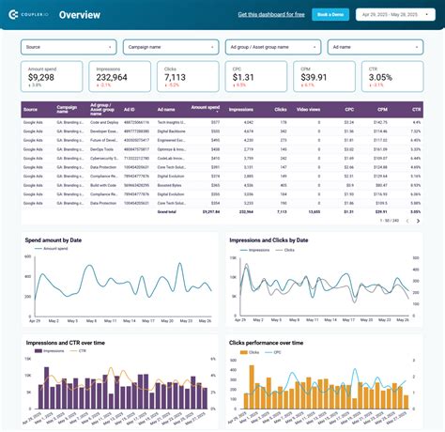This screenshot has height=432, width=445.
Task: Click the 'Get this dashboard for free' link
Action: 272,15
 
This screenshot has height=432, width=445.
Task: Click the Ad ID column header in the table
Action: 129,110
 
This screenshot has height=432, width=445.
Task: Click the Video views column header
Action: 308,110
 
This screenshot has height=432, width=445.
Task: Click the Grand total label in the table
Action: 166,212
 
